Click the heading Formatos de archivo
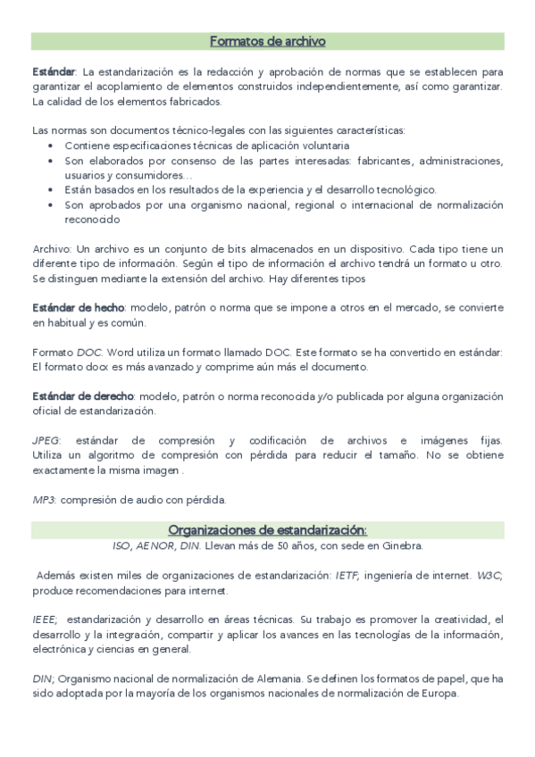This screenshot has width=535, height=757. (x=267, y=41)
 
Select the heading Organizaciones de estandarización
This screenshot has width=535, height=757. (x=267, y=529)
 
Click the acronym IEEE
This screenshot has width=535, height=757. (x=44, y=619)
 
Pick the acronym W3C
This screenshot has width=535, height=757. (x=489, y=577)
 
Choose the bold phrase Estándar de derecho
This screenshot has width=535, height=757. (x=83, y=395)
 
